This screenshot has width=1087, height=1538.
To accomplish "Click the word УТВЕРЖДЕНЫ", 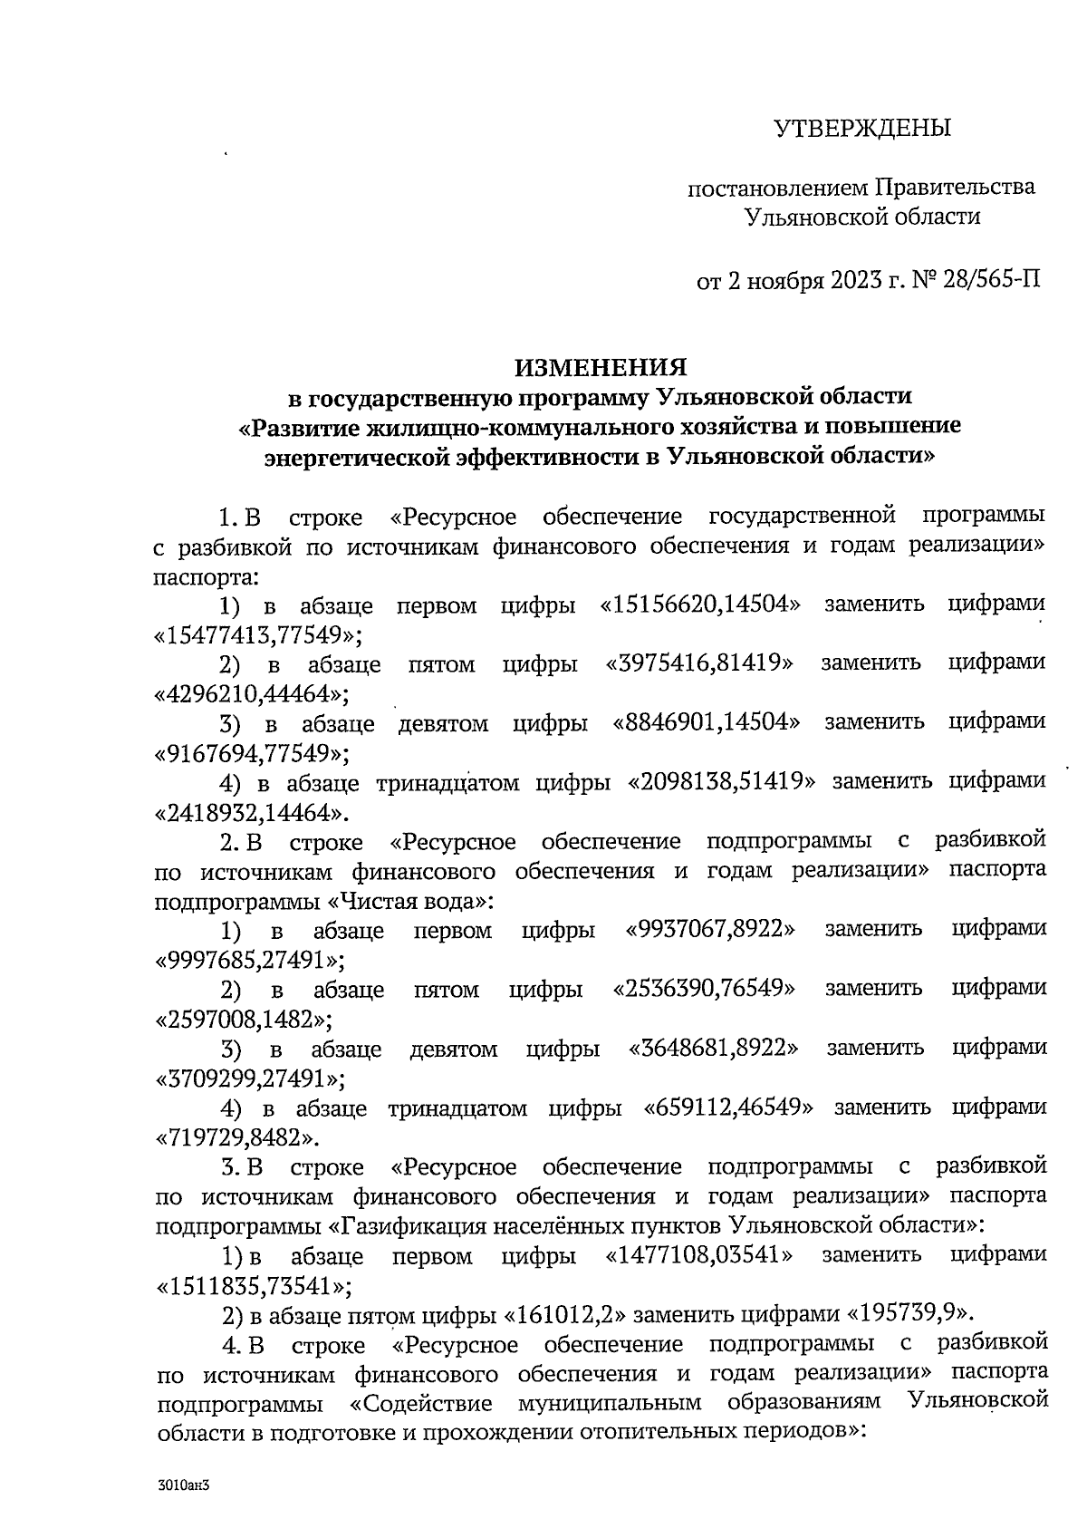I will [862, 128].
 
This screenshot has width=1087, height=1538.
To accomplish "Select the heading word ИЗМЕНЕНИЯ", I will [601, 367].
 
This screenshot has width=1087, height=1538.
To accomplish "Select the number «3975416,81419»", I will [700, 663].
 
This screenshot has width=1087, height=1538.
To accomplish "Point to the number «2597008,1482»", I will [245, 1019].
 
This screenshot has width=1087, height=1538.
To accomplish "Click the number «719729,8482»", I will [240, 1137].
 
